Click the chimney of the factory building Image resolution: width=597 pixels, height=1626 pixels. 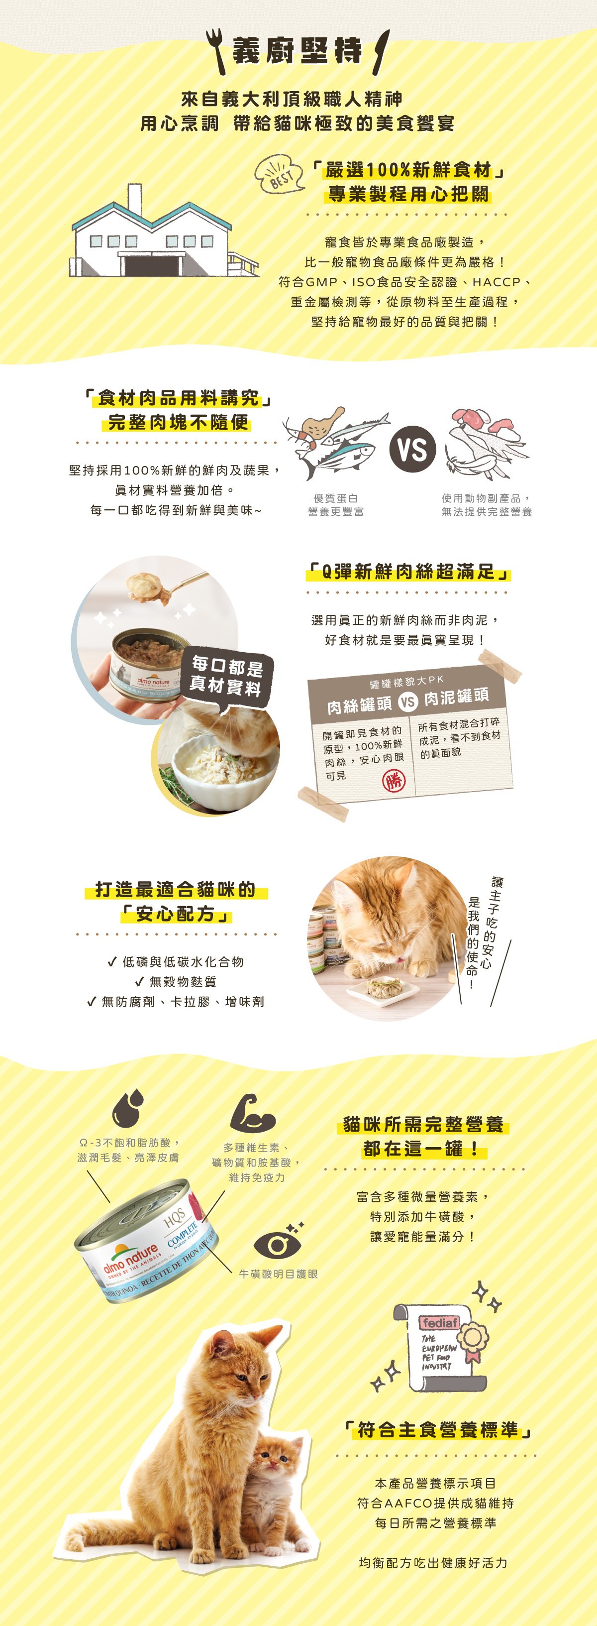click(x=134, y=201)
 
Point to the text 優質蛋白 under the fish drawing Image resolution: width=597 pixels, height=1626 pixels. click(x=336, y=498)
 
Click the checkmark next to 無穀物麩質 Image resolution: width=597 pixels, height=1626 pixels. click(x=140, y=982)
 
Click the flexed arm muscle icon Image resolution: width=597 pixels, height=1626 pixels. click(x=251, y=1113)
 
